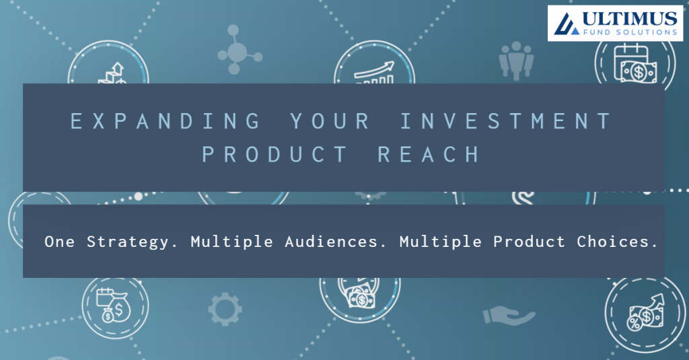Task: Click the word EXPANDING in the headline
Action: coord(166,121)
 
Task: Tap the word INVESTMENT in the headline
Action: coord(506,121)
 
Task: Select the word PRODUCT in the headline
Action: coord(275,154)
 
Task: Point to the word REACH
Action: coord(429,154)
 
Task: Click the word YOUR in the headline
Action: coord(330,121)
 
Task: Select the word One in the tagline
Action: coord(60,242)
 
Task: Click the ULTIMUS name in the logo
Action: coord(630,19)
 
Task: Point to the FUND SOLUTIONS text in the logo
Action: coord(630,32)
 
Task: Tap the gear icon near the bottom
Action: coord(225,309)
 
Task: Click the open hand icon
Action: coord(509,315)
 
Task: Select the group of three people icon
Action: coord(516,60)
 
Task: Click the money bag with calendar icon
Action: coord(114,305)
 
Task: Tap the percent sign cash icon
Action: coord(645,312)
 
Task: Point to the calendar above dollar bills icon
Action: coord(635,63)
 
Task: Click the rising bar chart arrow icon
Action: coord(374,73)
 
